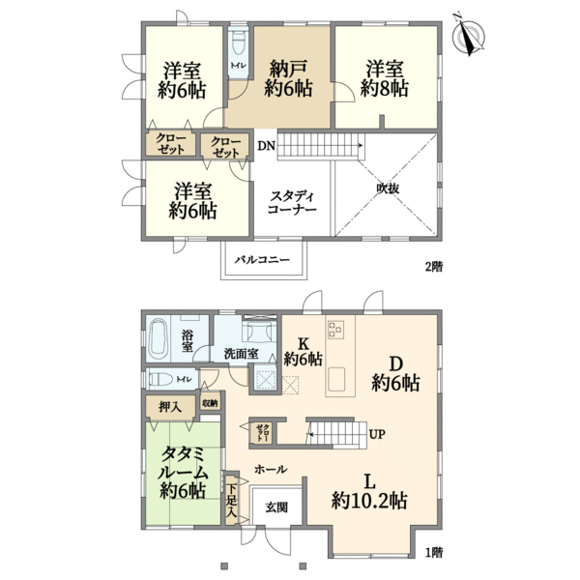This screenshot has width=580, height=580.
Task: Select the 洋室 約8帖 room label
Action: pyautogui.click(x=385, y=78)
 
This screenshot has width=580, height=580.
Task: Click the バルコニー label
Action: pyautogui.click(x=265, y=259)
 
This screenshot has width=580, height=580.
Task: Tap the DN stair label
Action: pyautogui.click(x=265, y=146)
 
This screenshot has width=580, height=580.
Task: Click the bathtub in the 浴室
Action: pyautogui.click(x=163, y=340)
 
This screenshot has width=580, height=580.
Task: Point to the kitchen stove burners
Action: pyautogui.click(x=336, y=332)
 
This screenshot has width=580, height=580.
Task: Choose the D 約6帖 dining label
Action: pyautogui.click(x=395, y=373)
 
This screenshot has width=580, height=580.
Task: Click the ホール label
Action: pyautogui.click(x=269, y=468)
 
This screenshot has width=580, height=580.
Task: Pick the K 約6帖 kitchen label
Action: pyautogui.click(x=302, y=350)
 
